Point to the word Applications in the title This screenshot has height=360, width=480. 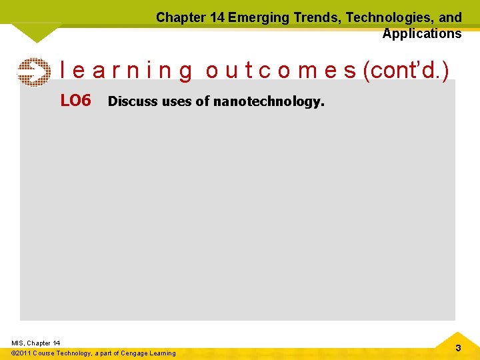pyautogui.click(x=421, y=33)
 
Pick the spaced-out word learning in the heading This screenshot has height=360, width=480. pyautogui.click(x=126, y=70)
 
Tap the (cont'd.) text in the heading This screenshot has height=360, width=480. pyautogui.click(x=405, y=70)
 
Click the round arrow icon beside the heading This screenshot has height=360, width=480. pyautogui.click(x=33, y=72)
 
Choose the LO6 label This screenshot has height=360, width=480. pyautogui.click(x=75, y=101)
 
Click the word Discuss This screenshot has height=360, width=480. pyautogui.click(x=132, y=101)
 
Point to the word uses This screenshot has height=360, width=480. pyautogui.click(x=176, y=101)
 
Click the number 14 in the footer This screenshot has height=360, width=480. pyautogui.click(x=55, y=343)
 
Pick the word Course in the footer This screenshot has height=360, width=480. pyautogui.click(x=45, y=353)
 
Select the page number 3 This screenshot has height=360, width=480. pyautogui.click(x=458, y=348)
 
